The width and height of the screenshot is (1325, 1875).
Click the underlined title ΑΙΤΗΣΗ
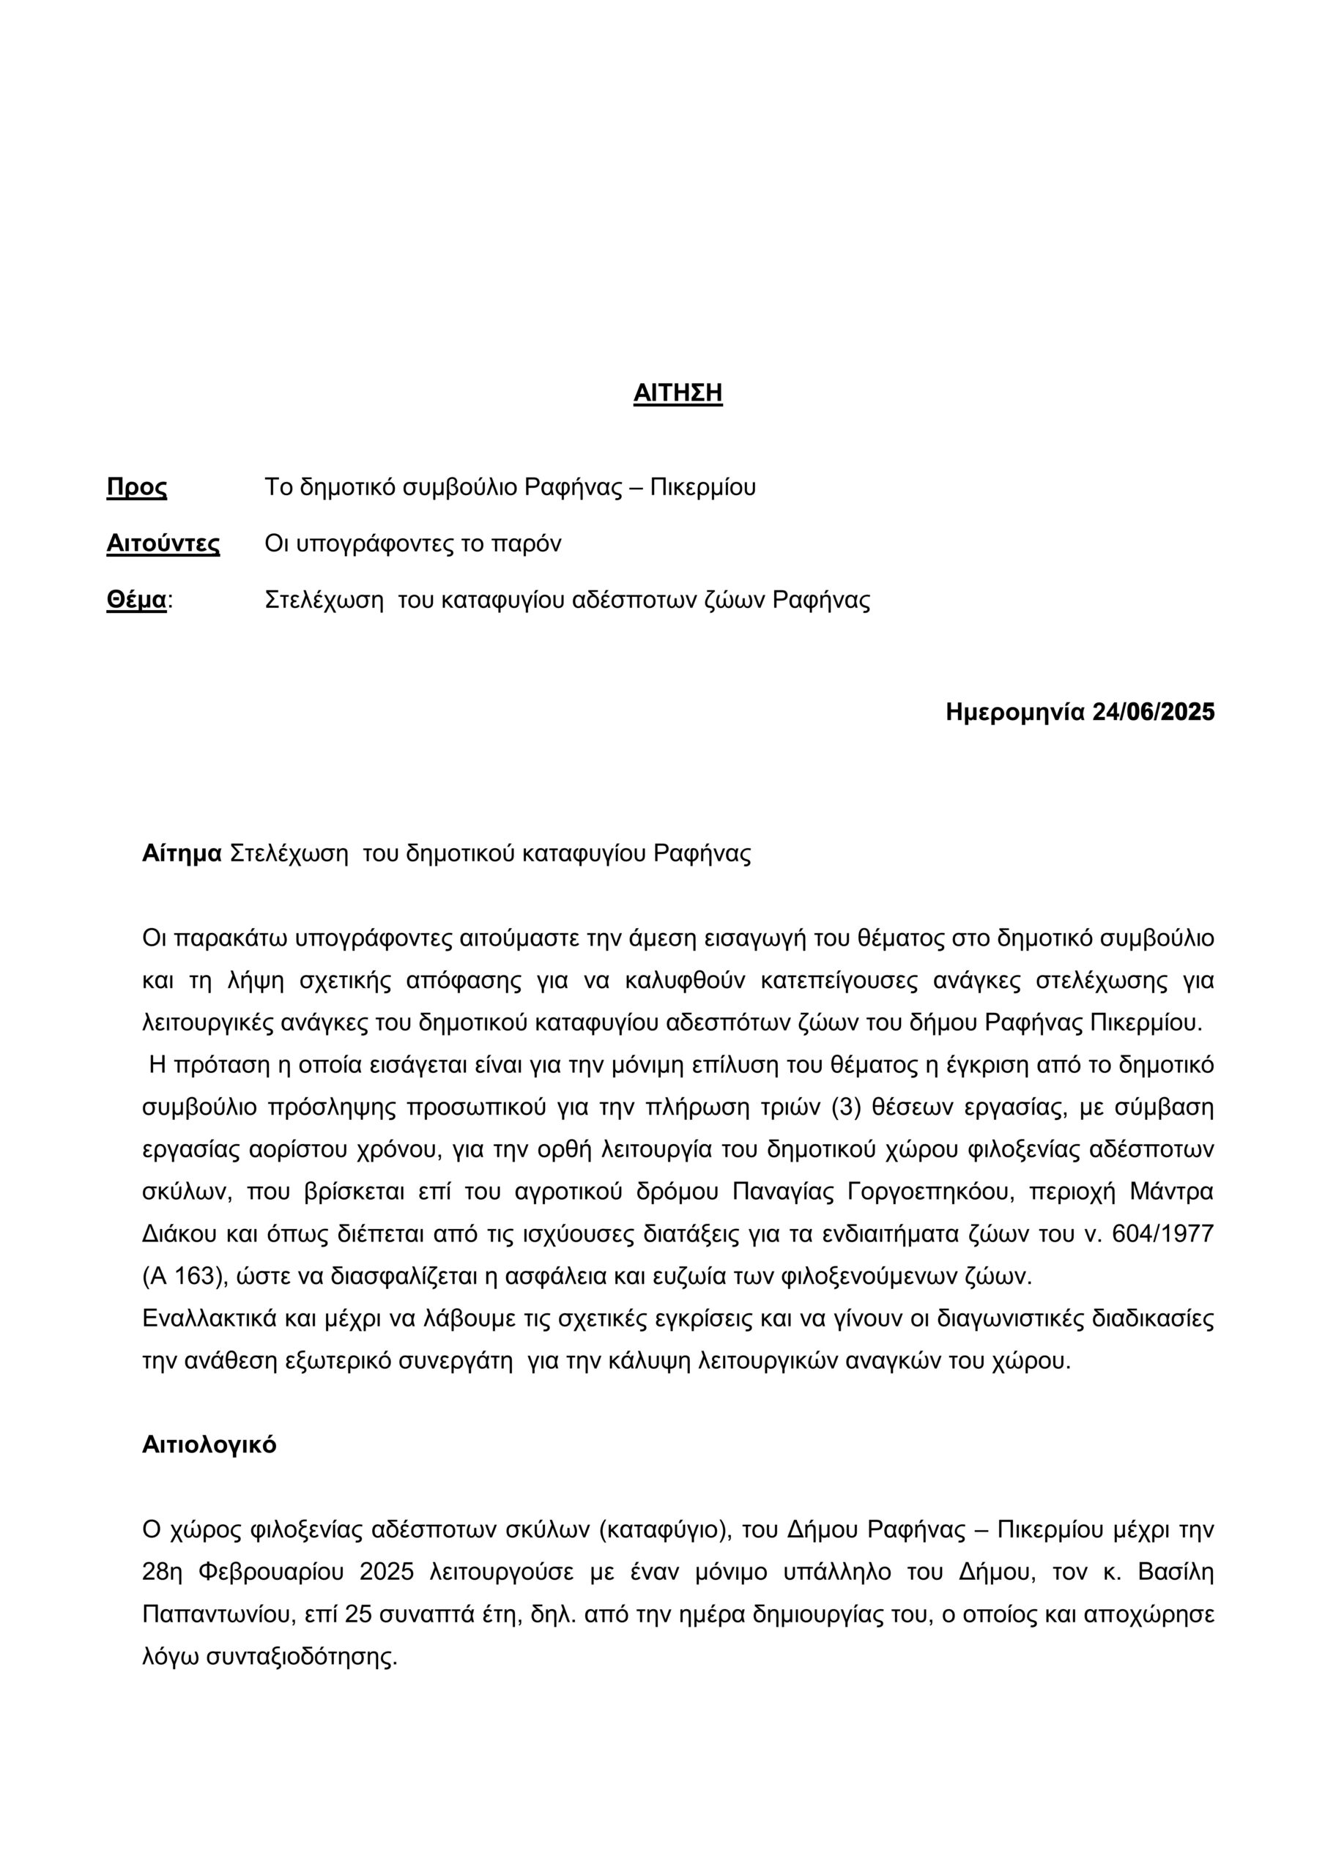(678, 393)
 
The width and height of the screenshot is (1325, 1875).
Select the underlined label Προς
(136, 488)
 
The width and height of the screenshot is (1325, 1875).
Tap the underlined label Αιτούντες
(163, 544)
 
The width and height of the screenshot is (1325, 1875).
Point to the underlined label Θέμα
(136, 601)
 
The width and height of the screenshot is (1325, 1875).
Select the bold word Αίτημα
(182, 854)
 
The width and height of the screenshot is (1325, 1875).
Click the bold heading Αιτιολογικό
(209, 1444)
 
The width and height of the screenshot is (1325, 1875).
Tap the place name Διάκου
(179, 1234)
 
